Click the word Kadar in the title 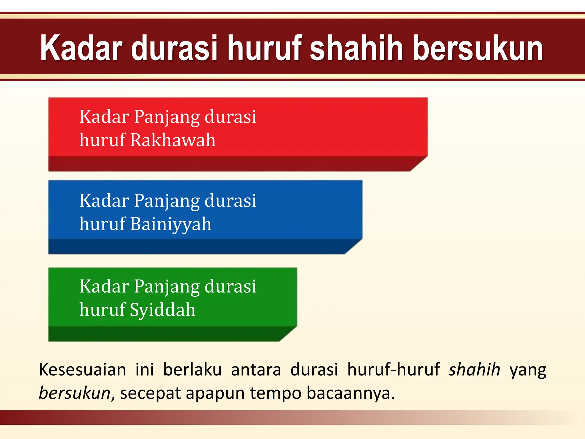click(81, 48)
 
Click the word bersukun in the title click(478, 48)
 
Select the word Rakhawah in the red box click(173, 140)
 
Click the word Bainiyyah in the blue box click(171, 224)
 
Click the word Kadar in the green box click(104, 286)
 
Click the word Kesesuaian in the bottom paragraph click(82, 370)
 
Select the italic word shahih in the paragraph click(474, 370)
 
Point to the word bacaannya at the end click(350, 393)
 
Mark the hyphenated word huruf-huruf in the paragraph click(393, 370)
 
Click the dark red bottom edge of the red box click(229, 164)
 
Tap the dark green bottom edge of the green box click(163, 334)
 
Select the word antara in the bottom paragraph click(256, 370)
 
